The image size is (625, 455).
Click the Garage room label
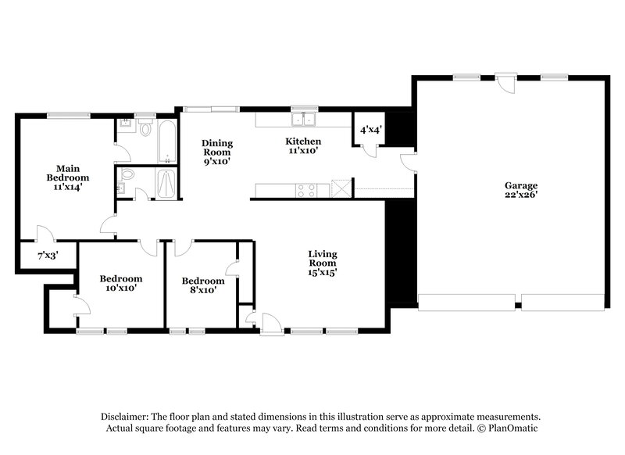520,191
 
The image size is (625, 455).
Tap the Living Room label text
322,259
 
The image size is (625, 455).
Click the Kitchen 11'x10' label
303,146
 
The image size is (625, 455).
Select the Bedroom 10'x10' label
120,283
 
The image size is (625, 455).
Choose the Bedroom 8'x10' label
202,285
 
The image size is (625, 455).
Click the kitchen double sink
303,120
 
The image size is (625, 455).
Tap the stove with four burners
305,188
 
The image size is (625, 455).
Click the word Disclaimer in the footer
125,417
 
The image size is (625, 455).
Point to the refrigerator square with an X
340,188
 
